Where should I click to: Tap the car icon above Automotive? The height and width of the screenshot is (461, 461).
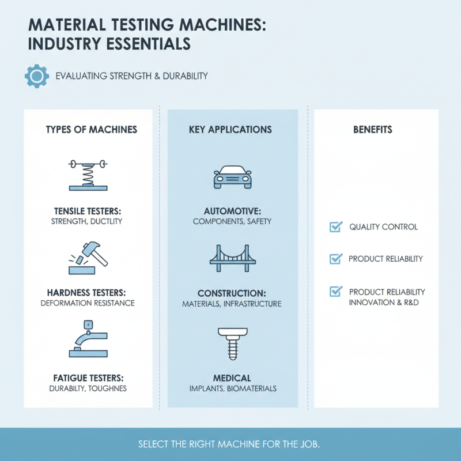[x=232, y=177]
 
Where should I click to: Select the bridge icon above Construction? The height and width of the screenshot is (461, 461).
[x=232, y=258]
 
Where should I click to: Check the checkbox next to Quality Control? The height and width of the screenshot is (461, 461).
[x=335, y=227]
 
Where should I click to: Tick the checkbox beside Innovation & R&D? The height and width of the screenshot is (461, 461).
[x=335, y=292]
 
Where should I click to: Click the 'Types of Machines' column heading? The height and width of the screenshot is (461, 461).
[x=92, y=130]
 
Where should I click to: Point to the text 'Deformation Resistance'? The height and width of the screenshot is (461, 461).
[x=88, y=303]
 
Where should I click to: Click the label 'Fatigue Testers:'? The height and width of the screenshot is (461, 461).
[x=88, y=378]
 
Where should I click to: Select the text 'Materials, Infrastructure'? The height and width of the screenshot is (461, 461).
[x=232, y=304]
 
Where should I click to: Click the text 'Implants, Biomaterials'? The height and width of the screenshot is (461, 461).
[x=232, y=388]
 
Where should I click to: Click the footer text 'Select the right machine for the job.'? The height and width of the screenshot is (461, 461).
[x=229, y=445]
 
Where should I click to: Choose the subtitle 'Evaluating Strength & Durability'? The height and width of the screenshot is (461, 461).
[x=131, y=76]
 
